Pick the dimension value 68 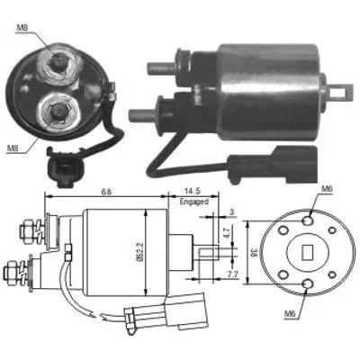[107, 191]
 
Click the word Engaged [193, 202]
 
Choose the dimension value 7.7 [232, 271]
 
